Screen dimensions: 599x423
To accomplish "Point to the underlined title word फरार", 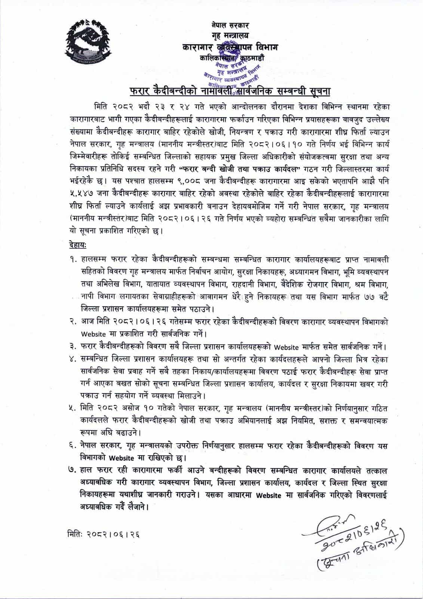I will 141,91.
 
